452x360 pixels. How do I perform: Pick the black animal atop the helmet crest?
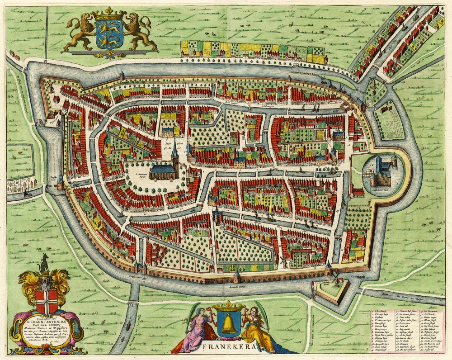(44, 263)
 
